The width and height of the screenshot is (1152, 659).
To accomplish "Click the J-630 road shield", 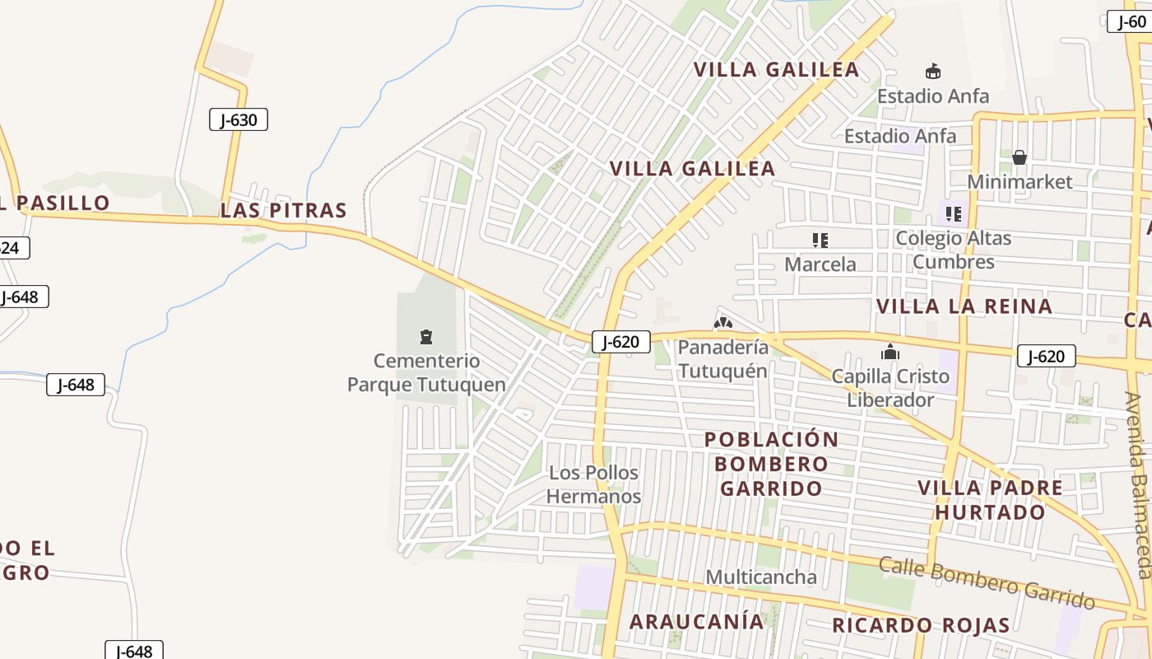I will coord(239,119).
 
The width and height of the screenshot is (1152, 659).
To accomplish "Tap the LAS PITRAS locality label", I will coord(283,210).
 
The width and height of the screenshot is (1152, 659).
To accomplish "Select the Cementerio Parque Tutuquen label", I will coord(426,372).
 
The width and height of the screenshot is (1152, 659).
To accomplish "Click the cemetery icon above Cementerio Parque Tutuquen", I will coord(426,336).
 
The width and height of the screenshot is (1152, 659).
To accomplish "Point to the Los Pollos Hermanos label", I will coord(594,484).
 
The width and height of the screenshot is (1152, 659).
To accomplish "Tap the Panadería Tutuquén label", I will coord(723,358).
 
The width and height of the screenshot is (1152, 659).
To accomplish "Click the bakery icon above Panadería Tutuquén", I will coord(723,323).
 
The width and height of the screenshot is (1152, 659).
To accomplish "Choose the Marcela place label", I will coord(820,264).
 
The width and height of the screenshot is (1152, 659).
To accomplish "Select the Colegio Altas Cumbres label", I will coord(953,250).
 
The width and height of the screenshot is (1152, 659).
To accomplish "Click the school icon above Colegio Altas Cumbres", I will coord(954,214).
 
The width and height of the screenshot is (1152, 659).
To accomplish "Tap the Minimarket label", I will coord(1020,181).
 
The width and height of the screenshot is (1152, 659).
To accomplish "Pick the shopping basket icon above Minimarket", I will coord(1020,157).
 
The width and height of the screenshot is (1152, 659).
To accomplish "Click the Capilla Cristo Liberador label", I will coord(890,388).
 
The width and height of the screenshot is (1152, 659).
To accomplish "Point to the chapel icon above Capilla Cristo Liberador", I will coord(890,353).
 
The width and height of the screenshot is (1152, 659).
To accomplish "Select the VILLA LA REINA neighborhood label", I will coord(964,306).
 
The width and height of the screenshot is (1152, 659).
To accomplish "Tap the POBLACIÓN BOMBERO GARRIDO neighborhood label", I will coord(771,464).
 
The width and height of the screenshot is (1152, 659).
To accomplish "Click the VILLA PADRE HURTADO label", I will coord(990,499).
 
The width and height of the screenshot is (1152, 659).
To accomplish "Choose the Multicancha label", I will coord(761,577).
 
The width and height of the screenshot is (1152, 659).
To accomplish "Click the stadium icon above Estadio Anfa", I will coord(933,71).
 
